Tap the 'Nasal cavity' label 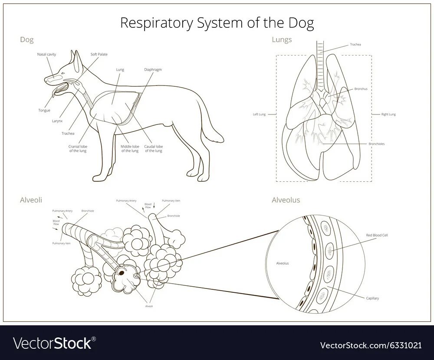pos(46,55)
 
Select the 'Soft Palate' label pos(99,55)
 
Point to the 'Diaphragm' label pos(153,69)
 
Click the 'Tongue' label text pos(44,110)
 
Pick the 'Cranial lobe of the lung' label pos(77,148)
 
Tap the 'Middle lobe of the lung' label pos(129,148)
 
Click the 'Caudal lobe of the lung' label pos(153,148)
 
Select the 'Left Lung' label pos(259,115)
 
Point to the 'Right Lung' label pos(388,115)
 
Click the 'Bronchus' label pos(361,88)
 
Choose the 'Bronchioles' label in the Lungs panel pos(376,144)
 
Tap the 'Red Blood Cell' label pos(377,235)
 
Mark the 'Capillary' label pos(372,298)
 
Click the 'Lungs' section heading pos(282,39)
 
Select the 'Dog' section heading pos(27,39)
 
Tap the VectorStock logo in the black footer pos(53,344)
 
